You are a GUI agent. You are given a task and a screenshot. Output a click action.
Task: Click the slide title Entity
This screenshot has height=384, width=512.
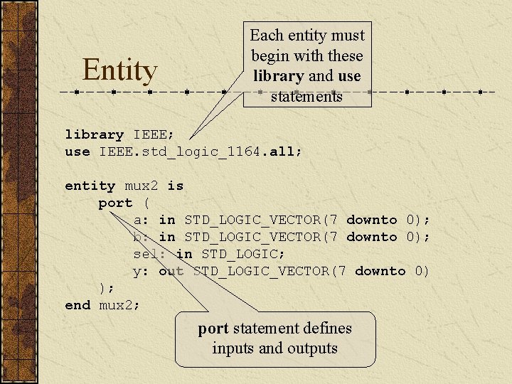coord(119,70)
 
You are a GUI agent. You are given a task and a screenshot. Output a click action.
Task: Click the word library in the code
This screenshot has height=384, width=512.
coord(94,134)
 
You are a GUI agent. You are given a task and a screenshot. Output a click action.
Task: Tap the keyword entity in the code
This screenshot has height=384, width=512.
coord(90,186)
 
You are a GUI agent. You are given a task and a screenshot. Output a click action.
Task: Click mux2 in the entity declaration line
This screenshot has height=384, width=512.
coord(141,186)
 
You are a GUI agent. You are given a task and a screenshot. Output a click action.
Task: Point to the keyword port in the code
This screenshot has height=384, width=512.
coord(115,203)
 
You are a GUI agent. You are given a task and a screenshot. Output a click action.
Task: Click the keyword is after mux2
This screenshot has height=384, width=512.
coord(175,186)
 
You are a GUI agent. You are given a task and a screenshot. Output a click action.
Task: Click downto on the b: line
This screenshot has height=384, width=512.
coord(371,237)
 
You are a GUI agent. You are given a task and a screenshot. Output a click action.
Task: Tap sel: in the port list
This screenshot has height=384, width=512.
coord(150,254)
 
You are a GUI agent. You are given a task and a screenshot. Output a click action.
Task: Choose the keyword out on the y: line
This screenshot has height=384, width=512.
coord(171,271)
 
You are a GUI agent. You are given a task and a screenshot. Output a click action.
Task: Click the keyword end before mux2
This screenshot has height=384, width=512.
coord(78,305)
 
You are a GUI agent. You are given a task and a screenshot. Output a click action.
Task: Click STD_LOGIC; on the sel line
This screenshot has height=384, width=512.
coord(243,254)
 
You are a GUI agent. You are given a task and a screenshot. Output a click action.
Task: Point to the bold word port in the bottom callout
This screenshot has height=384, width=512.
coord(213,329)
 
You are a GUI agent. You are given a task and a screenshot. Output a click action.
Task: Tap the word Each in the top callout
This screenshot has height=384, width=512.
coord(267,36)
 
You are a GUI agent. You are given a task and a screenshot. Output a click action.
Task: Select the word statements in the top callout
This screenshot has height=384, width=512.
coord(306,96)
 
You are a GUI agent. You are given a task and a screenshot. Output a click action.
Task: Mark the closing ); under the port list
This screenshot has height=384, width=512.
coord(107,288)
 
